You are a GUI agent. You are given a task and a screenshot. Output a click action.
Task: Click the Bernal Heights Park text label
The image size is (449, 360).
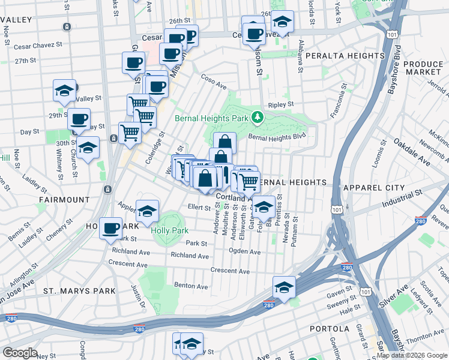211,118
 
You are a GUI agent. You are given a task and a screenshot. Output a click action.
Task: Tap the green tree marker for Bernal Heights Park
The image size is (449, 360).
258,116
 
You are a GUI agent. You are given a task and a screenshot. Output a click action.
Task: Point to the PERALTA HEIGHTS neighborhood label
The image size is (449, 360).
345,56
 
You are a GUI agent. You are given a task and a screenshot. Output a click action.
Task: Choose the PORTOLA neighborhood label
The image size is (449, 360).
330,329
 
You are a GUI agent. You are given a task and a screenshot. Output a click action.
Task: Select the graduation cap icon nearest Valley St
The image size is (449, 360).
64,91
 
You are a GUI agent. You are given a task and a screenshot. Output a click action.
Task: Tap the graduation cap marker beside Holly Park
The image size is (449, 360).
147,211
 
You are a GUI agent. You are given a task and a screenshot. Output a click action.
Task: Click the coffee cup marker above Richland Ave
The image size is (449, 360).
111,228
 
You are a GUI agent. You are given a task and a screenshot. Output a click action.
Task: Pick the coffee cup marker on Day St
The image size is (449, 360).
79,119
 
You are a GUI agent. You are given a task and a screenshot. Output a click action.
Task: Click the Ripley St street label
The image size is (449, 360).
281,104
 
